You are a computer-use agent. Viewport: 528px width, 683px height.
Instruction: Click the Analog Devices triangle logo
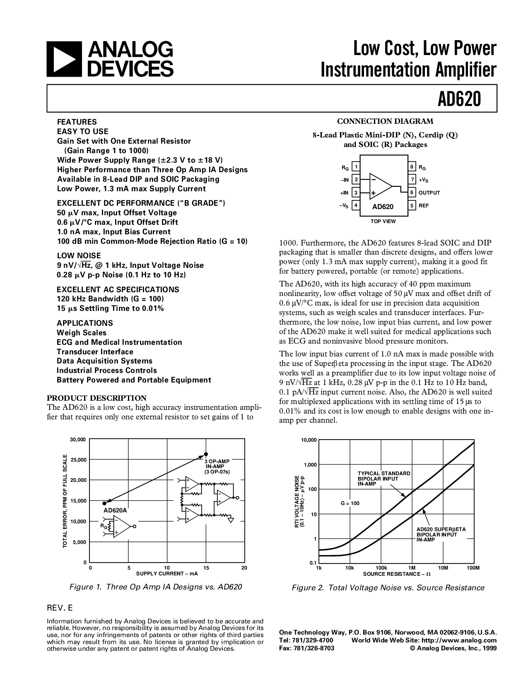[64, 60]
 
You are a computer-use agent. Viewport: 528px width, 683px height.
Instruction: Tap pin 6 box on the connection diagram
[412, 192]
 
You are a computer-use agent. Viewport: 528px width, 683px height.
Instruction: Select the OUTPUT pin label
[429, 192]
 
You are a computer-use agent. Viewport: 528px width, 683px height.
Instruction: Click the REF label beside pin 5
[423, 206]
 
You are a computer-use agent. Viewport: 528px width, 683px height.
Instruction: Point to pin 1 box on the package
[356, 166]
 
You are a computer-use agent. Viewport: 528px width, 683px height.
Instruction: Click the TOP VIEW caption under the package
[383, 221]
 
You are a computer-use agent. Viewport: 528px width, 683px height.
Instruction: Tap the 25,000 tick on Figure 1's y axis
[78, 460]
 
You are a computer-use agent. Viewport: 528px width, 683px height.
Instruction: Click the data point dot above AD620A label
[104, 503]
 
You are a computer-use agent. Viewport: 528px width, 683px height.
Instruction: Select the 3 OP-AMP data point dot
[206, 454]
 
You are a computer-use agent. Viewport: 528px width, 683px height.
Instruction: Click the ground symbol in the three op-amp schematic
[231, 520]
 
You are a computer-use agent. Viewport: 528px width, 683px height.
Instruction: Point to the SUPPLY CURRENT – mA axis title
[167, 573]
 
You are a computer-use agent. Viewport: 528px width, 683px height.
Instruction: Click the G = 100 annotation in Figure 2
[350, 503]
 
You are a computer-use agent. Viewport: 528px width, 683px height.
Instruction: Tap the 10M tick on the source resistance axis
[443, 568]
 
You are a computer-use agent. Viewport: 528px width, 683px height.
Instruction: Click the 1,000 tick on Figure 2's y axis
[310, 464]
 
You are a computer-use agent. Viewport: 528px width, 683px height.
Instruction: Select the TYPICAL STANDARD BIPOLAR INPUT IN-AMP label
[383, 479]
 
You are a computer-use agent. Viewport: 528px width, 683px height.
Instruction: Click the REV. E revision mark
[60, 608]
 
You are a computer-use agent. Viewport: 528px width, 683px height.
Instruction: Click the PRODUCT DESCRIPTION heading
[97, 398]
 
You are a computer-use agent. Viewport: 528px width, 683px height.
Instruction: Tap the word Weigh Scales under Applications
[82, 332]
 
